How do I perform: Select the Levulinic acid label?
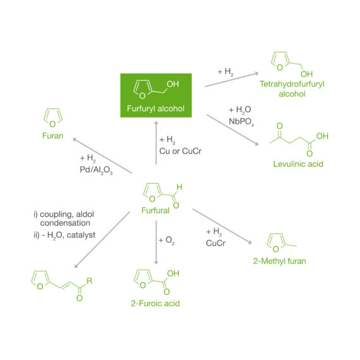[x=297, y=164]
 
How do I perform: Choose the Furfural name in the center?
[x=155, y=210]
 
